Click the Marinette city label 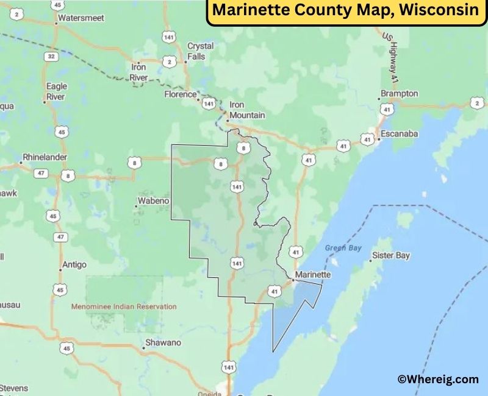pyautogui.click(x=312, y=275)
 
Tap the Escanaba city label pyautogui.click(x=399, y=133)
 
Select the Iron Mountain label pyautogui.click(x=246, y=110)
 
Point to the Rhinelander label pyautogui.click(x=45, y=157)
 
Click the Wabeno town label pyautogui.click(x=153, y=200)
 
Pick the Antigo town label pyautogui.click(x=74, y=265)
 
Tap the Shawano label pyautogui.click(x=164, y=342)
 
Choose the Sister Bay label pyautogui.click(x=391, y=255)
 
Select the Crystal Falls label pyautogui.click(x=200, y=51)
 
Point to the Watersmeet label pyautogui.click(x=81, y=18)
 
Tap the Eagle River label pyautogui.click(x=56, y=91)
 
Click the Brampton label pyautogui.click(x=400, y=93)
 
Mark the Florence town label pyautogui.click(x=181, y=94)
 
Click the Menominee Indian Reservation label pyautogui.click(x=124, y=306)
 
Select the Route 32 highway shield pyautogui.click(x=51, y=56)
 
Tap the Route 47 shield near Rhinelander pyautogui.click(x=41, y=174)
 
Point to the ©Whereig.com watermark pyautogui.click(x=438, y=379)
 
